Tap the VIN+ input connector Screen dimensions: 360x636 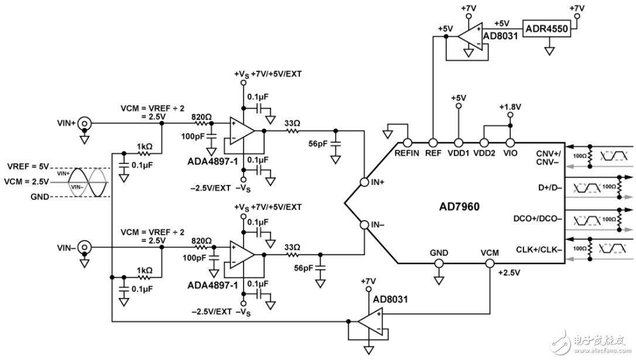85,124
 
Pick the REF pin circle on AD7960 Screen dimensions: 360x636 432,142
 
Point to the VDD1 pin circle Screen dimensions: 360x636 459,142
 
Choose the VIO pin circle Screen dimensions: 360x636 510,142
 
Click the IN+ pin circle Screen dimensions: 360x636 364,182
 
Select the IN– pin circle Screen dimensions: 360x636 364,224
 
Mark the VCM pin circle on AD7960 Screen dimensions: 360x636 489,263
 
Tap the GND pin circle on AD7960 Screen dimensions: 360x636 438,263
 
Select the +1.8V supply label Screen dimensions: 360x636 510,107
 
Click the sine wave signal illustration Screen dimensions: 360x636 87,180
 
